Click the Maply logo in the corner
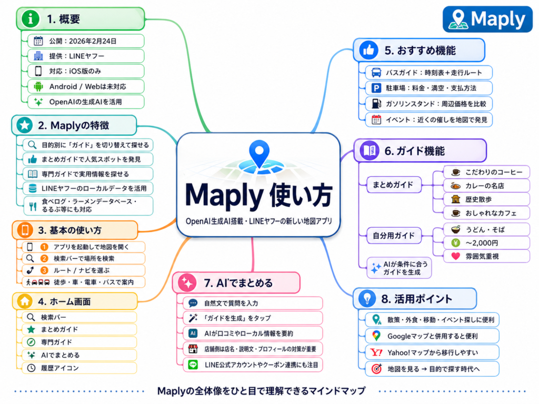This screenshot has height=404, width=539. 487,19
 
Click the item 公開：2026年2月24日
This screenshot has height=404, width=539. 85,41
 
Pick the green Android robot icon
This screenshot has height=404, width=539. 38,86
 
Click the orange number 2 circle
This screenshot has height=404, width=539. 44,258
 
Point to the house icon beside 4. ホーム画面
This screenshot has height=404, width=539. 24,301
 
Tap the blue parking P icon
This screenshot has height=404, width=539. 376,88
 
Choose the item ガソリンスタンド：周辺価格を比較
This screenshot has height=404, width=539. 428,104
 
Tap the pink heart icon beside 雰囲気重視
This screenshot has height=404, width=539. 456,257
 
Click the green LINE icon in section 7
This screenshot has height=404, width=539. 193,364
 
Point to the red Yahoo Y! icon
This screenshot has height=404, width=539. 376,352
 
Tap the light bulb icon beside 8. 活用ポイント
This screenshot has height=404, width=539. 366,299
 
